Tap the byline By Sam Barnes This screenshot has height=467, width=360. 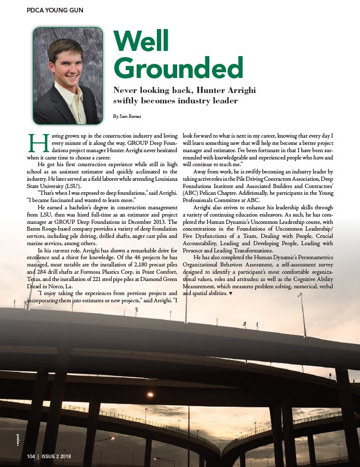tap(127, 116)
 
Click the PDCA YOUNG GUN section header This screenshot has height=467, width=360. tap(55, 10)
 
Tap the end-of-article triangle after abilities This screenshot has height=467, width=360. tap(230, 293)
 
